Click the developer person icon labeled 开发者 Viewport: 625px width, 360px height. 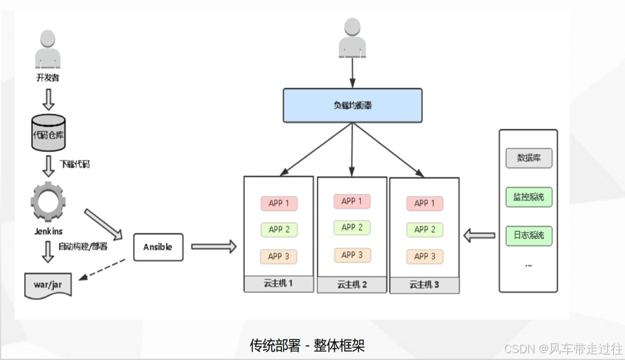(48, 50)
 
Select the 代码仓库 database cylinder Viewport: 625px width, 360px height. (48, 133)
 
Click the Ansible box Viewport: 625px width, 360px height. (158, 247)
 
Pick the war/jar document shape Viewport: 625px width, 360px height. (48, 284)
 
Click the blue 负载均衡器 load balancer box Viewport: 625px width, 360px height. (352, 105)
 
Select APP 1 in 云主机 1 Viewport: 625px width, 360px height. (279, 203)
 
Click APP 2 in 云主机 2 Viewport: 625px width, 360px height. (352, 227)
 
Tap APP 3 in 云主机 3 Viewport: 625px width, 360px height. (425, 256)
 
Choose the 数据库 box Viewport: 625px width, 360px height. (528, 158)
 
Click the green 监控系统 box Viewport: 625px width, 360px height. (528, 197)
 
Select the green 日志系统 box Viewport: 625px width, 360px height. (528, 235)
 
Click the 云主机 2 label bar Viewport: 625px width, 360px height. (352, 285)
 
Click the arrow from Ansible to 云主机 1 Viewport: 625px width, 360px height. (213, 247)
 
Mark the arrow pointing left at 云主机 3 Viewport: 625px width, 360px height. (479, 235)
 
